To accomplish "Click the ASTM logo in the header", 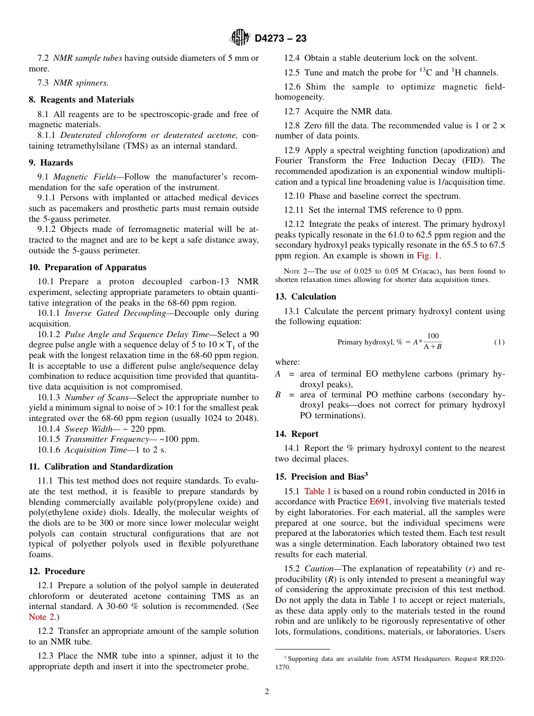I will pos(240,38).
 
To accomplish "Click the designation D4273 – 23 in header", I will pos(280,38).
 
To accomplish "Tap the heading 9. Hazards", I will pos(51,163).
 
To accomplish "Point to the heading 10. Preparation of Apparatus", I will pos(88,267).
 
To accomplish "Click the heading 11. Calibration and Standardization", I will pos(101,467).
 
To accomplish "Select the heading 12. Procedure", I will pos(57,571).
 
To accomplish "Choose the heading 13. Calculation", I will pos(306,297).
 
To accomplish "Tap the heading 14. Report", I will pos(297,434).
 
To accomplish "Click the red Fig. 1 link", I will pos(428,256).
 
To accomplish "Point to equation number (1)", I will pos(499,342).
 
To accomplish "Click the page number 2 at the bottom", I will pos(267,692).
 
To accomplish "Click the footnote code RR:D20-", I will pos(487,658).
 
